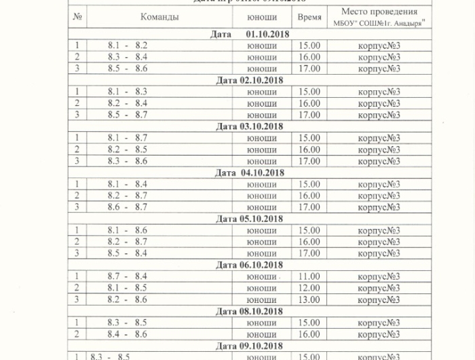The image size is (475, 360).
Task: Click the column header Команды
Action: pyautogui.click(x=159, y=17)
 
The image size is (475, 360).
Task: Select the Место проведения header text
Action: pyautogui.click(x=379, y=12)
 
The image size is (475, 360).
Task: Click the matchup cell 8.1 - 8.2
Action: pyautogui.click(x=127, y=46)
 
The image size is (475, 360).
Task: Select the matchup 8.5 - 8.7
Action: pyautogui.click(x=127, y=115)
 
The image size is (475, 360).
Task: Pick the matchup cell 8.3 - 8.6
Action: pyautogui.click(x=127, y=161)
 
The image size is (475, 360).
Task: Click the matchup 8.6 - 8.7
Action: pyautogui.click(x=127, y=207)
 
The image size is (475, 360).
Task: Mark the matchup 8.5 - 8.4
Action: pyautogui.click(x=127, y=253)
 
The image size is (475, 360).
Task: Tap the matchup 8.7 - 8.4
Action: pyautogui.click(x=127, y=276)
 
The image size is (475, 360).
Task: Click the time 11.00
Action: pyautogui.click(x=309, y=276)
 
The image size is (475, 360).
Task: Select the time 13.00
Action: pyautogui.click(x=309, y=300)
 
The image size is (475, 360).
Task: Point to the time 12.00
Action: pyautogui.click(x=309, y=288)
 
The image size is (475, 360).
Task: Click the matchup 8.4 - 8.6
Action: pyautogui.click(x=127, y=334)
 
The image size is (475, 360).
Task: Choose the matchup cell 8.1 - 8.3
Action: pyautogui.click(x=127, y=92)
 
